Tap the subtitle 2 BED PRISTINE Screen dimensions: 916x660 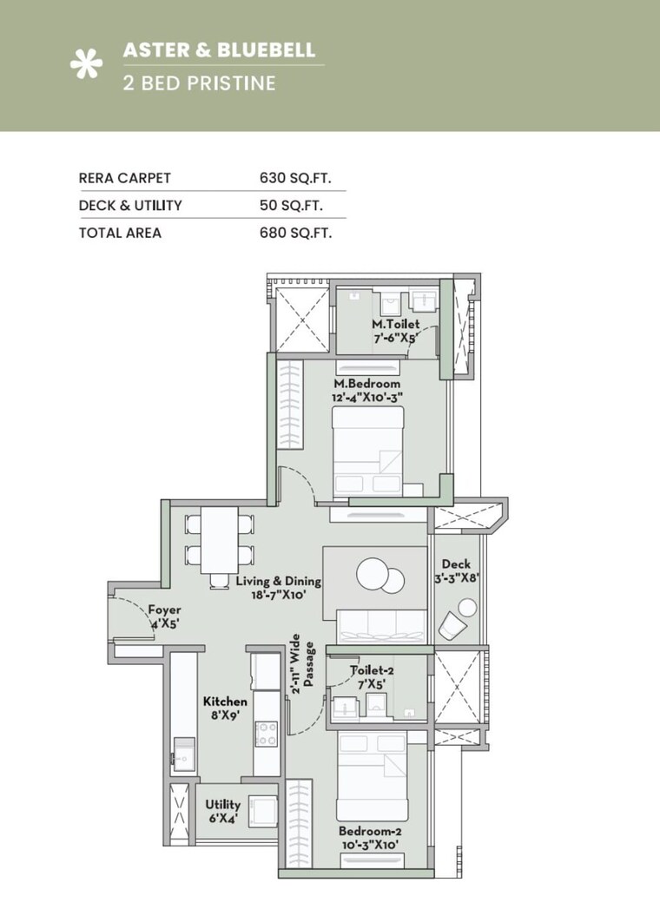click(x=199, y=83)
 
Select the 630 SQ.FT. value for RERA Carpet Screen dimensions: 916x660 click(x=296, y=178)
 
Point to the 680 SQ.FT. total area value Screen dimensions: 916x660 click(x=296, y=233)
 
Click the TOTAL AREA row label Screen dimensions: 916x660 click(x=120, y=233)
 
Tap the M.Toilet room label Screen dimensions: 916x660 click(x=389, y=331)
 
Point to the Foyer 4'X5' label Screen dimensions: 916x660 click(x=163, y=616)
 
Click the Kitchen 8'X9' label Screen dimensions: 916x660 click(x=225, y=708)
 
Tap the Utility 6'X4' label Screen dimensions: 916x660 click(x=222, y=812)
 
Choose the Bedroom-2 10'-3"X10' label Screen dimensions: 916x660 click(x=370, y=837)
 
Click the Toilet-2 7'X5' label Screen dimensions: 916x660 click(x=368, y=677)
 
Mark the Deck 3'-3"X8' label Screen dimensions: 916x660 click(x=456, y=570)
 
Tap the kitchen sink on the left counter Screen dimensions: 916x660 click(x=183, y=751)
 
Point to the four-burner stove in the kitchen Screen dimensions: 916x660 click(x=266, y=734)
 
